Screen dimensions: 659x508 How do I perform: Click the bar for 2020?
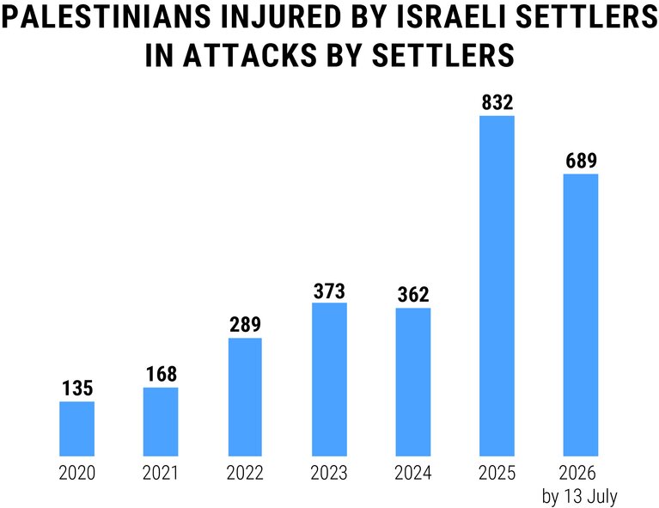pos(77,429)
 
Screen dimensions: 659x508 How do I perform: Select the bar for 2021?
pos(161,421)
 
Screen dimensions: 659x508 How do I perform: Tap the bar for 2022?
pos(245,397)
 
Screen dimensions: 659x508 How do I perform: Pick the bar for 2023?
pos(330,379)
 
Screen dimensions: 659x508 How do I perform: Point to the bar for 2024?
pos(413,382)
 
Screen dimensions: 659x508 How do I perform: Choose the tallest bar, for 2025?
pos(497,286)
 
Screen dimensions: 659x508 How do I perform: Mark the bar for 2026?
pos(581,315)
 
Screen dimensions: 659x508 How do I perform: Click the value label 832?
pos(497,102)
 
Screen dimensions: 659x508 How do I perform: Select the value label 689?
pos(582,161)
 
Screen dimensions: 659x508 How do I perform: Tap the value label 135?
pos(77,389)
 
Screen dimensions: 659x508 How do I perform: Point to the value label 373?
pos(330,291)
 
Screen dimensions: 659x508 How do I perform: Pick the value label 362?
pos(413,294)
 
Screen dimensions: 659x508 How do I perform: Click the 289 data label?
pos(246,324)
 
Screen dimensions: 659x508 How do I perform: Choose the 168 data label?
pos(162,374)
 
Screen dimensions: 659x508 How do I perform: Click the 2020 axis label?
pos(77,473)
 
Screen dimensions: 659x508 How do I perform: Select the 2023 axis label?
pos(329,473)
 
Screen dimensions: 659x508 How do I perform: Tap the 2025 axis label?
pos(497,473)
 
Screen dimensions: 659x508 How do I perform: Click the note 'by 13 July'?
pos(580,497)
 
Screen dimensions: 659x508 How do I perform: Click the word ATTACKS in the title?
pos(250,55)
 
